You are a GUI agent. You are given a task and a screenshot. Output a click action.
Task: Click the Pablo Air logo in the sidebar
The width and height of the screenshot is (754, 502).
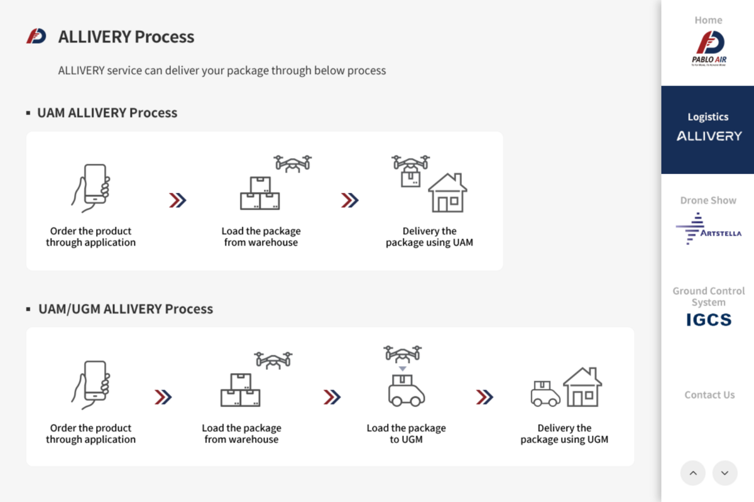tap(709, 48)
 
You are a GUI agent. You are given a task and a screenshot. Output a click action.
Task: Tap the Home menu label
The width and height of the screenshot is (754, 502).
tap(708, 20)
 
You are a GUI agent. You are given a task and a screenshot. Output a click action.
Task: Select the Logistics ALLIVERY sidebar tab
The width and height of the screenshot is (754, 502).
tap(708, 129)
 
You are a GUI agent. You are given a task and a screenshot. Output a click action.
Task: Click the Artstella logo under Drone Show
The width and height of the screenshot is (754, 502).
tap(708, 228)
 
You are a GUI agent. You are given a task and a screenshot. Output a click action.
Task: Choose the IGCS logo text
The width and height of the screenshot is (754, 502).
tap(709, 320)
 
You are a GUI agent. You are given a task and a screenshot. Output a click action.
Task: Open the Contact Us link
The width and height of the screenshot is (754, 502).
tap(709, 395)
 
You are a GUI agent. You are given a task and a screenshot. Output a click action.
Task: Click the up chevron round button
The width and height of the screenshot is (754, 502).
tap(692, 473)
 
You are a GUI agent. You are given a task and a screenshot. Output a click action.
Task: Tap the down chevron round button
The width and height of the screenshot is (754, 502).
tap(724, 473)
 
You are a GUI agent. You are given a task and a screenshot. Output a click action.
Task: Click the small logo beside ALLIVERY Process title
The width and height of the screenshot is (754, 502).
tap(36, 36)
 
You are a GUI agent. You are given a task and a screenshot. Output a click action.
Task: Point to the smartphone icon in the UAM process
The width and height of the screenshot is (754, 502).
tap(92, 188)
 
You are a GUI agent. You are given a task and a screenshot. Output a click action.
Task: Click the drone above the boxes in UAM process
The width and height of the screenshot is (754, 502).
tap(293, 163)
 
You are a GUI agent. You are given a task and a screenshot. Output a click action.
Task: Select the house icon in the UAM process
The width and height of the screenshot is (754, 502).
tap(447, 193)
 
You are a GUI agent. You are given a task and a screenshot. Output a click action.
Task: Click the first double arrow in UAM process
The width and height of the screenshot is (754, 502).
tap(177, 200)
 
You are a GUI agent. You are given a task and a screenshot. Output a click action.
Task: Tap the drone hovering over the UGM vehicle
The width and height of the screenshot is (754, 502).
tap(403, 354)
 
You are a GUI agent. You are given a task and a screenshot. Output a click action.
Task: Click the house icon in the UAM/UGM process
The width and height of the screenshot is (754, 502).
tap(582, 387)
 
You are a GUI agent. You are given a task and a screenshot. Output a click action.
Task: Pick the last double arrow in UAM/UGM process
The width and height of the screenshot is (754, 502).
tap(484, 397)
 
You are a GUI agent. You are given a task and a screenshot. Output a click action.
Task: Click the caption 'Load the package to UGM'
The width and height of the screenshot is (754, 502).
tap(406, 434)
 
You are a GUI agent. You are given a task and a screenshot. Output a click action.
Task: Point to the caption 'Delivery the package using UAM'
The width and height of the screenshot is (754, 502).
tap(429, 237)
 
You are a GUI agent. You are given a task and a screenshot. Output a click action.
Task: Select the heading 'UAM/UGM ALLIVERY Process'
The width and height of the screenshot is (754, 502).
tap(125, 308)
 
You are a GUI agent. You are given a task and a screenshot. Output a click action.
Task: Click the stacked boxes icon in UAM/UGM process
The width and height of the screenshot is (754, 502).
tap(240, 390)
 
